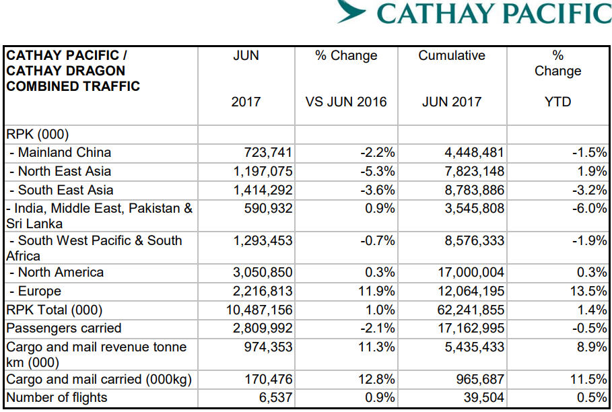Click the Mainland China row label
click(60, 153)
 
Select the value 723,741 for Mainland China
click(267, 153)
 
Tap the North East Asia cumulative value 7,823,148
click(474, 172)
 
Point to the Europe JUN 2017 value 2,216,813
click(263, 291)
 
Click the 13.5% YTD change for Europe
click(589, 291)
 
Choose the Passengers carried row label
click(64, 329)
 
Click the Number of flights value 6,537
click(276, 398)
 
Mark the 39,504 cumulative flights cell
click(483, 398)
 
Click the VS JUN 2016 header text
click(346, 102)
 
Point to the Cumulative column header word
click(451, 56)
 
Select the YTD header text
click(557, 102)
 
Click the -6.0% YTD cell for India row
click(589, 209)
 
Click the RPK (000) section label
click(38, 135)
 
